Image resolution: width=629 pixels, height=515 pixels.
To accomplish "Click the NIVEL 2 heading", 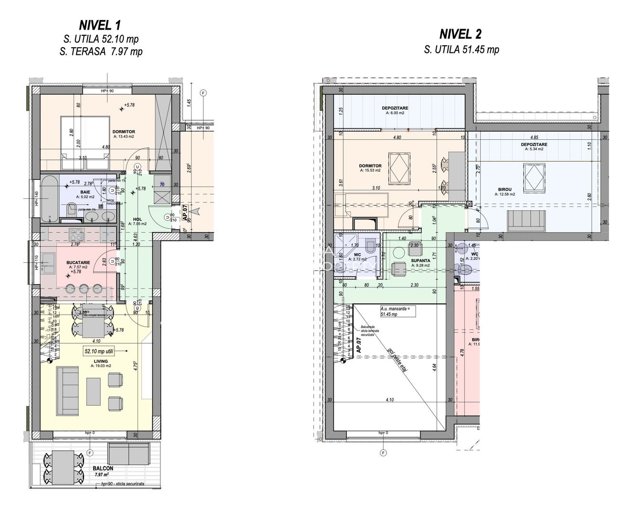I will point(460,34).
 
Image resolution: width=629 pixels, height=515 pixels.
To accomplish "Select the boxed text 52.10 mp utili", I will point(103,351).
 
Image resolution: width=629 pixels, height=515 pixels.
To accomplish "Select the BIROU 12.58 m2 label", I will point(503,192).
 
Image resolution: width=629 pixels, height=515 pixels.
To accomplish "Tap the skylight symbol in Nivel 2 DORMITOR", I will point(399,167).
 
